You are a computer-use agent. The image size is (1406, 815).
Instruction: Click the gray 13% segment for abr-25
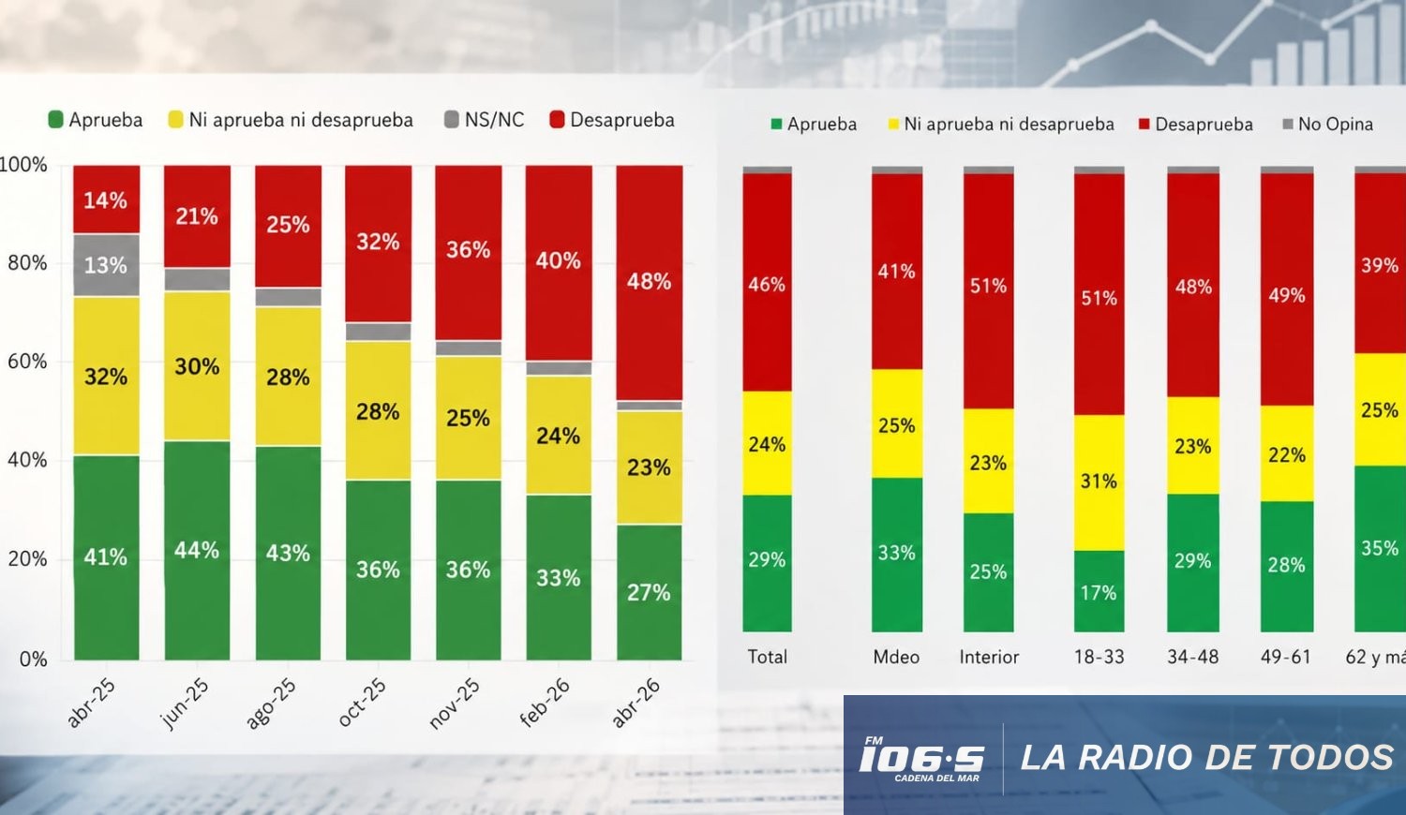pyautogui.click(x=106, y=265)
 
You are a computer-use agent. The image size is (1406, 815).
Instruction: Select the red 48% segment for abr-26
pyautogui.click(x=649, y=283)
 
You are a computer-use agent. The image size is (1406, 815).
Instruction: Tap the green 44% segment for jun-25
pyautogui.click(x=197, y=550)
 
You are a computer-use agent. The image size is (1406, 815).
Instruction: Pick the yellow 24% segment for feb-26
pyautogui.click(x=559, y=435)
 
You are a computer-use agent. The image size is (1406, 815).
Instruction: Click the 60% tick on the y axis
pyautogui.click(x=27, y=362)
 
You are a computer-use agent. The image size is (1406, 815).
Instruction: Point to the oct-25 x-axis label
pyautogui.click(x=362, y=703)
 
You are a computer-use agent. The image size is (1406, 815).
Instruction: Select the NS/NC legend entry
pyautogui.click(x=484, y=120)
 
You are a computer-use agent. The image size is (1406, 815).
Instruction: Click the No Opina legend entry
pyautogui.click(x=1327, y=125)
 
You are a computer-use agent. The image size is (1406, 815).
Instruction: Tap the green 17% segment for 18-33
pyautogui.click(x=1099, y=591)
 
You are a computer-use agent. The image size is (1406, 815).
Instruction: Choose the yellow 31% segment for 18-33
pyautogui.click(x=1099, y=482)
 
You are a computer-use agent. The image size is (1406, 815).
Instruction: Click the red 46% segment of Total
pyautogui.click(x=767, y=282)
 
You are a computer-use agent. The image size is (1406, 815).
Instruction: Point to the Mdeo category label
pyautogui.click(x=896, y=657)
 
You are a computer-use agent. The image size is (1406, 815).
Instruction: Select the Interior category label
pyautogui.click(x=989, y=657)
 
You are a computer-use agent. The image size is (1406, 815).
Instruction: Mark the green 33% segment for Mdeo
pyautogui.click(x=897, y=555)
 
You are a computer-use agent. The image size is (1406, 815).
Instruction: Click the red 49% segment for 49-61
pyautogui.click(x=1287, y=289)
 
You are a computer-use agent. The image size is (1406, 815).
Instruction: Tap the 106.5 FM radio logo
pyautogui.click(x=921, y=759)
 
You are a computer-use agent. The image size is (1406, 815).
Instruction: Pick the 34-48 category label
pyautogui.click(x=1192, y=657)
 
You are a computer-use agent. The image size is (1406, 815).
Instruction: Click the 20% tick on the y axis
pyautogui.click(x=27, y=559)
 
